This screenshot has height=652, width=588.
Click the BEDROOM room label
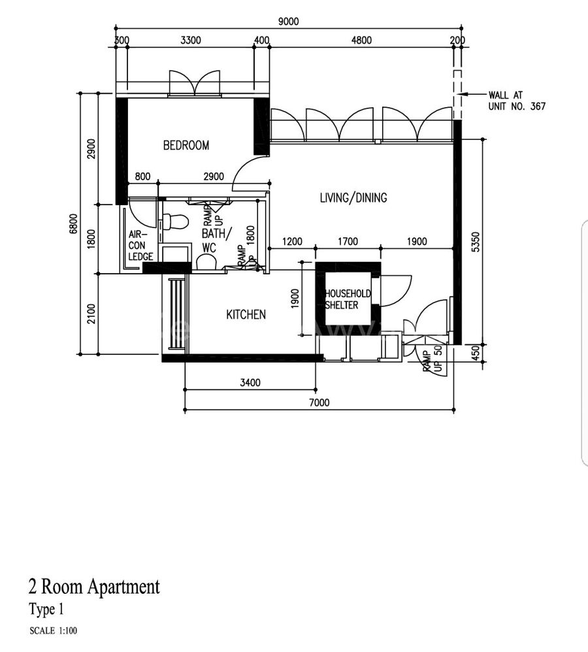tap(186, 145)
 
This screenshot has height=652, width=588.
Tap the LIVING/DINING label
tap(353, 197)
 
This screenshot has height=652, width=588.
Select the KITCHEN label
tap(246, 314)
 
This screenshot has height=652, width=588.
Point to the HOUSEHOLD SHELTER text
tap(348, 299)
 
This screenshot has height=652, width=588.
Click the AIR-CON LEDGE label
tap(140, 246)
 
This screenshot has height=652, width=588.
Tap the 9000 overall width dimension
tap(288, 21)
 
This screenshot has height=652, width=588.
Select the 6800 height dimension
tap(73, 223)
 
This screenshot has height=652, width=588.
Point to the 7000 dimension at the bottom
tap(319, 402)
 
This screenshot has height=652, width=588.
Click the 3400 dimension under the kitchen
tap(250, 383)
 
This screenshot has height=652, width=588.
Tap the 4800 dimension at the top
tap(361, 41)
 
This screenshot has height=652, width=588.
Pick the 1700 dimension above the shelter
tap(348, 242)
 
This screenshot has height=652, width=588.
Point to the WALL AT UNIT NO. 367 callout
tap(517, 101)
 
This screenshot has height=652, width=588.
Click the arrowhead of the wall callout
tap(463, 94)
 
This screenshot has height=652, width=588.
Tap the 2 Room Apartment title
tap(94, 587)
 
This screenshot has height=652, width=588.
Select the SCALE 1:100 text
tap(53, 631)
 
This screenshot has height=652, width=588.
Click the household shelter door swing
tap(395, 291)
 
